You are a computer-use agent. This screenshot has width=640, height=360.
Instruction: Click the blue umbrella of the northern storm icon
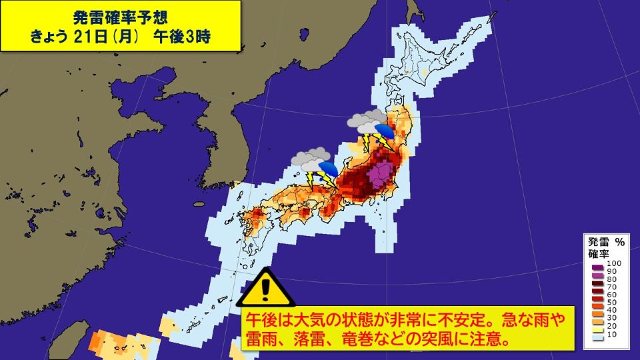[x=385, y=129]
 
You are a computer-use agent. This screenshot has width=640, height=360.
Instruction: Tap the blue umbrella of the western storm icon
[x=327, y=167]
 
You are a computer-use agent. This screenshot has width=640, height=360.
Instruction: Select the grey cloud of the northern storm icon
[x=366, y=121]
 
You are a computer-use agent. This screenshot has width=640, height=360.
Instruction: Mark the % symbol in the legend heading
[x=620, y=242]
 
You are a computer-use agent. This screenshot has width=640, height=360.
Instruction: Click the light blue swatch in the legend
[x=598, y=337]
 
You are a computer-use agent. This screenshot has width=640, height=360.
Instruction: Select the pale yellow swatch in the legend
[x=598, y=329]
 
